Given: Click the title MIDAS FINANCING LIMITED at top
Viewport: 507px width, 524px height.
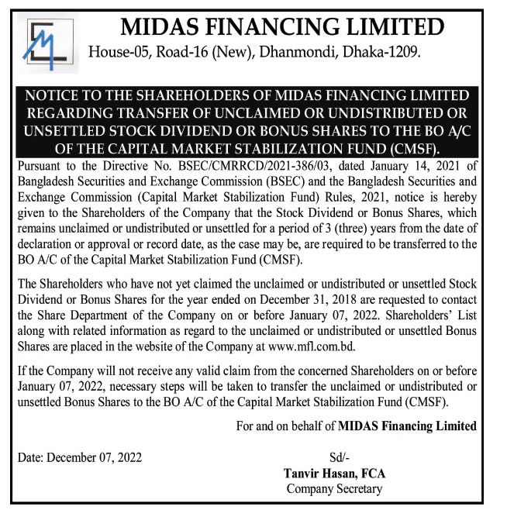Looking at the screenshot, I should click(x=282, y=27).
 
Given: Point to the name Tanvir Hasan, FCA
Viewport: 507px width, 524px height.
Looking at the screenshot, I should click(x=335, y=473).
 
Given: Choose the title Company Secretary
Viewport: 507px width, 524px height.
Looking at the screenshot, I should click(x=334, y=488).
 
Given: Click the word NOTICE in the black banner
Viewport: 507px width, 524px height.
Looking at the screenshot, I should click(x=52, y=96).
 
